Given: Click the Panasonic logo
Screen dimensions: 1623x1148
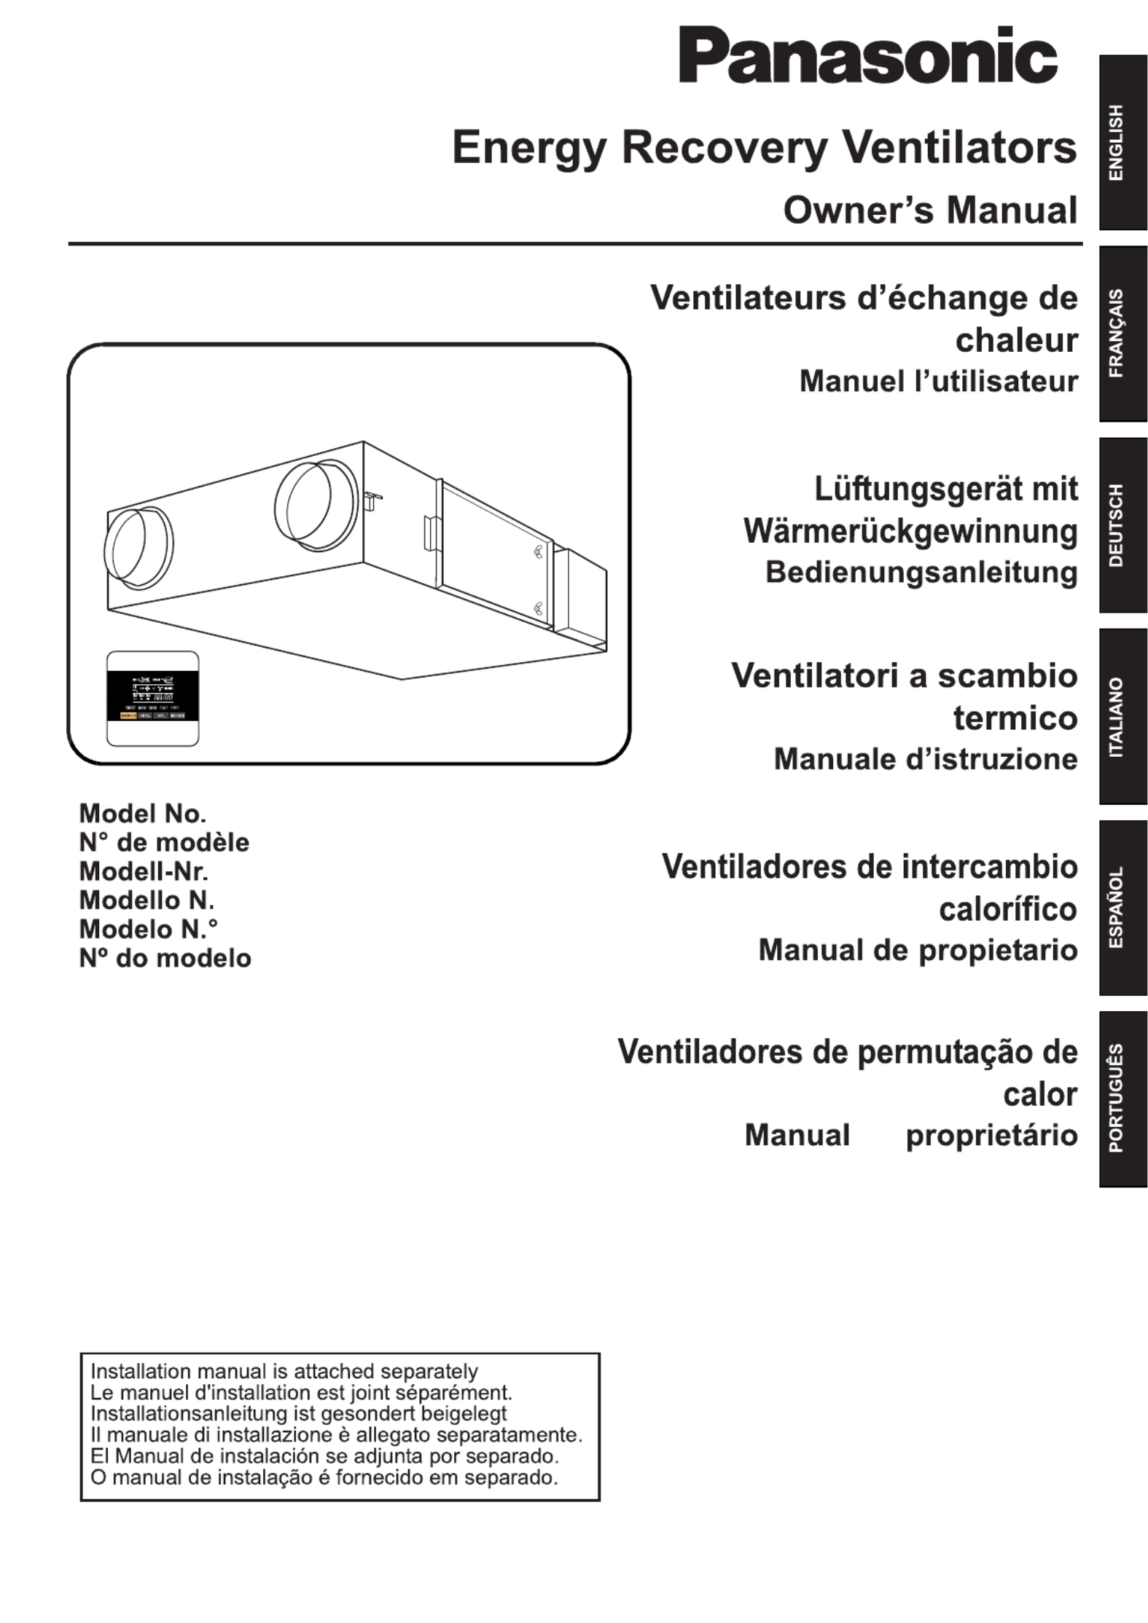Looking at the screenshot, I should tap(867, 57).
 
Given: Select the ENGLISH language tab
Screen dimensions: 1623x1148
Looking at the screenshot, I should tap(1122, 142).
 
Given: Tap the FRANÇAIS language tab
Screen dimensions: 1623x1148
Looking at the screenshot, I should tap(1122, 333).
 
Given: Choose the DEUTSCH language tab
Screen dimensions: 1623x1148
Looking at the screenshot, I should tap(1122, 524).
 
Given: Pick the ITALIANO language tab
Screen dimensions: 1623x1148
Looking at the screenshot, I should tap(1122, 716).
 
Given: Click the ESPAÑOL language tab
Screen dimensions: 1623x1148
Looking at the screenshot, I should tap(1122, 908).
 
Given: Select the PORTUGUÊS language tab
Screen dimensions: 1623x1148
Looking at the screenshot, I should tap(1122, 1099).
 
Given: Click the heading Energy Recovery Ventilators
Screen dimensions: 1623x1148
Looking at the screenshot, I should tap(764, 148).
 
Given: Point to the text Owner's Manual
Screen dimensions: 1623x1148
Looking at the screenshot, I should tap(930, 211).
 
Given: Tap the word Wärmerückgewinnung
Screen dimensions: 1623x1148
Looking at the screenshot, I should tap(910, 531).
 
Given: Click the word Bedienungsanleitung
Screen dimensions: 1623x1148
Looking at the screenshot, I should tap(921, 573).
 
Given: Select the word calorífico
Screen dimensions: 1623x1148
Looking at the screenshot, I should tap(1008, 909).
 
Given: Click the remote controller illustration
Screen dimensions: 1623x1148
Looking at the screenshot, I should tap(153, 698).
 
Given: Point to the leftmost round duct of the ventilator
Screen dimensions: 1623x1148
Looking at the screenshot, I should tap(138, 548).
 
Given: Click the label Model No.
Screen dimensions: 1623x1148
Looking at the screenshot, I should tap(143, 813).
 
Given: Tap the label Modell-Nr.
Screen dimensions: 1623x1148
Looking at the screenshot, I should tap(144, 871).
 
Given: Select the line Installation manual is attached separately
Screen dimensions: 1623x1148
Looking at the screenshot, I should tap(284, 1372).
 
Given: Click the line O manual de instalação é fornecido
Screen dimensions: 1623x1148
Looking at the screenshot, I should tap(324, 1478).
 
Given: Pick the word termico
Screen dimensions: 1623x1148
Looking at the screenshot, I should tap(1015, 718).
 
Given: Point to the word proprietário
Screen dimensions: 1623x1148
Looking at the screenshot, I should tap(991, 1136).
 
